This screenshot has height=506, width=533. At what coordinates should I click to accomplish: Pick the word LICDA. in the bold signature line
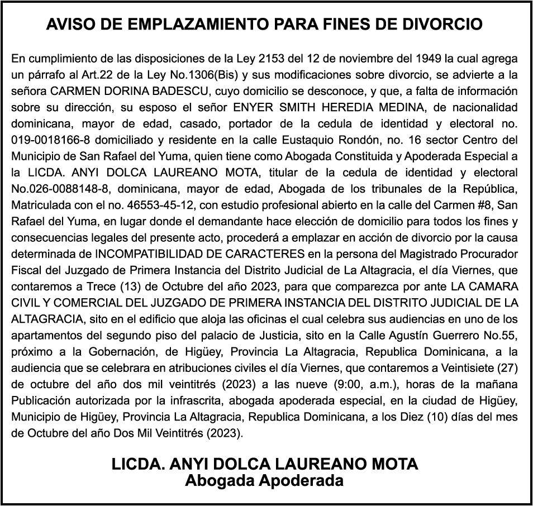pyautogui.click(x=137, y=464)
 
